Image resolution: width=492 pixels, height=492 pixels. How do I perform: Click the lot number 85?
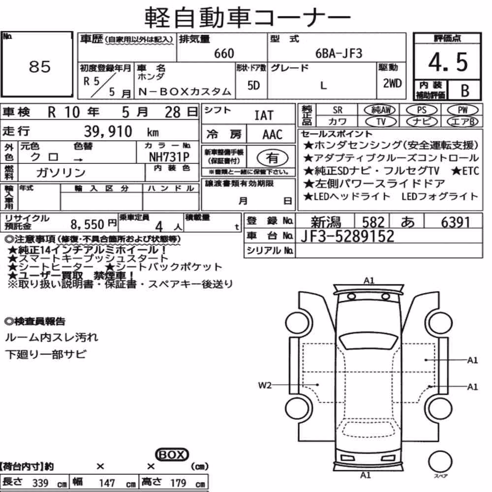(40, 66)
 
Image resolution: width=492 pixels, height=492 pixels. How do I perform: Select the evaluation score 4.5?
(448, 62)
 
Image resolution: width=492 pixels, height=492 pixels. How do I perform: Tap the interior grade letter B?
(465, 91)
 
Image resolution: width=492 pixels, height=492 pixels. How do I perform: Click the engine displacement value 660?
(224, 53)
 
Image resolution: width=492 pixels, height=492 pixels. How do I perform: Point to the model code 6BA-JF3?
(339, 53)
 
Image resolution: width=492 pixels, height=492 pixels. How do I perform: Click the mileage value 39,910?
(108, 131)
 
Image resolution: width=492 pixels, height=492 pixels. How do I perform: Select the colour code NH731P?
(169, 157)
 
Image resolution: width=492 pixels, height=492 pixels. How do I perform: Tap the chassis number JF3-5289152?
(347, 236)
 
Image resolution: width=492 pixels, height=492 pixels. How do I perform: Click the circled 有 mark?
(273, 157)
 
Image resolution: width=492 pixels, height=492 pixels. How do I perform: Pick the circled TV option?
(381, 122)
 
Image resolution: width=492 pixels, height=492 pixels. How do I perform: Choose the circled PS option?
(422, 110)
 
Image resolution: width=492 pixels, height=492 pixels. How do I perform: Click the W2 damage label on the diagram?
(265, 385)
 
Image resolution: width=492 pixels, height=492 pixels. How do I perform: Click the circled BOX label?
(172, 455)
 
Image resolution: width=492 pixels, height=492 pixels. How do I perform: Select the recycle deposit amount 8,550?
(87, 224)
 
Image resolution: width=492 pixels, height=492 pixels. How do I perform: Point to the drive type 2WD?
(392, 84)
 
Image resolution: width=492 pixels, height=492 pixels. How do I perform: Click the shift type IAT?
(264, 116)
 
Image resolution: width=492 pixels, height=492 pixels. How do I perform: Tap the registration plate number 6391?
(455, 222)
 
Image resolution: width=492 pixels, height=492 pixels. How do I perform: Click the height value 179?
(178, 483)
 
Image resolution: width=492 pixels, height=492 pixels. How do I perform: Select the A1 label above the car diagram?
(369, 280)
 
